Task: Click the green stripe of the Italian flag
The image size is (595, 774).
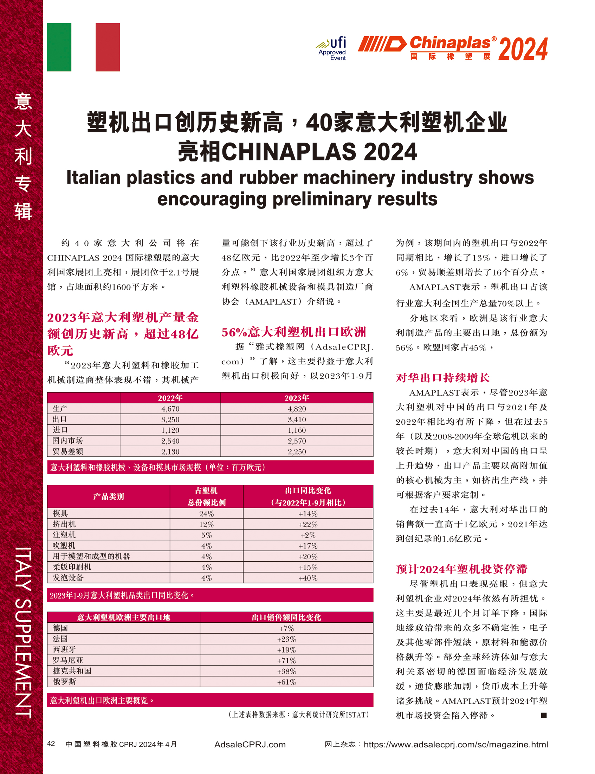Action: tap(59, 47)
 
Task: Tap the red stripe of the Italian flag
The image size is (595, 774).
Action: tap(108, 47)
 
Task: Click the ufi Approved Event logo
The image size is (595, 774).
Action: tap(332, 49)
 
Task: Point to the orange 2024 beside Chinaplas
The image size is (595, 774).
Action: tap(523, 49)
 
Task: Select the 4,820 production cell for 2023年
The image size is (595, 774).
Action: tap(297, 409)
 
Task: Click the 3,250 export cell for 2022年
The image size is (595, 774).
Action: tap(170, 419)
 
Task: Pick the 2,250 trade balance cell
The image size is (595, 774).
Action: tap(297, 452)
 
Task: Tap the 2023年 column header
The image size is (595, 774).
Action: tap(297, 398)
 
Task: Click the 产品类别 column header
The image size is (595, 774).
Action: tap(108, 497)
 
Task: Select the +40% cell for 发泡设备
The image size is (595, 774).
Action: tap(308, 578)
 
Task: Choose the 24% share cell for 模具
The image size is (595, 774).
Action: tap(207, 514)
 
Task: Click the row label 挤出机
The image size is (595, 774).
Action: tap(64, 524)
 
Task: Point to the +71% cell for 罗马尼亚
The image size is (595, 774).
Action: tap(286, 661)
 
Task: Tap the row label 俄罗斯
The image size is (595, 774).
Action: tap(64, 682)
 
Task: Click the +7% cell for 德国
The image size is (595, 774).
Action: tap(286, 629)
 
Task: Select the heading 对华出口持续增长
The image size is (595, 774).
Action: tap(443, 378)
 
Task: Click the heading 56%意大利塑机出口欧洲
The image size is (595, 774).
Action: tap(293, 332)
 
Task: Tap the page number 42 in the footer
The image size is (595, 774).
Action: tap(51, 743)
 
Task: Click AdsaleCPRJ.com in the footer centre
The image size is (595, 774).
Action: tap(250, 744)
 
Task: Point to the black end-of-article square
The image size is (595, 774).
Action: tap(544, 715)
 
